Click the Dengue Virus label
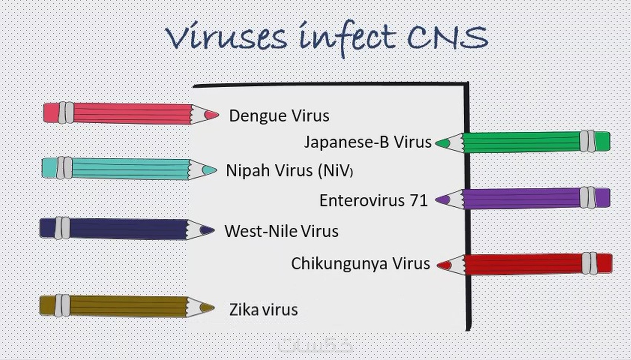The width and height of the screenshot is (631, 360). coord(279,116)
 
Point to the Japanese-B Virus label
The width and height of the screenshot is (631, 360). coord(367,142)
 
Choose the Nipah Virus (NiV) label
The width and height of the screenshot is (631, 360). coord(289,170)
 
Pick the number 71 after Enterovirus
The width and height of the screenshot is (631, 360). coord(419,200)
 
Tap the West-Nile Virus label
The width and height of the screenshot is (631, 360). coord(281,231)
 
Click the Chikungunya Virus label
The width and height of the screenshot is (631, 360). coord(360,264)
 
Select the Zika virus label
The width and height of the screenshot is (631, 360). coord(264,310)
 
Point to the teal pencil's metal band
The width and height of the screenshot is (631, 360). coord(65,168)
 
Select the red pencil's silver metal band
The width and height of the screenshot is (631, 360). coord(589,264)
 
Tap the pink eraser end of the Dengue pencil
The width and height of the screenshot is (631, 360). coord(51,113)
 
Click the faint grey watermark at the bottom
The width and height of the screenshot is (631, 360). coord(315,346)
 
